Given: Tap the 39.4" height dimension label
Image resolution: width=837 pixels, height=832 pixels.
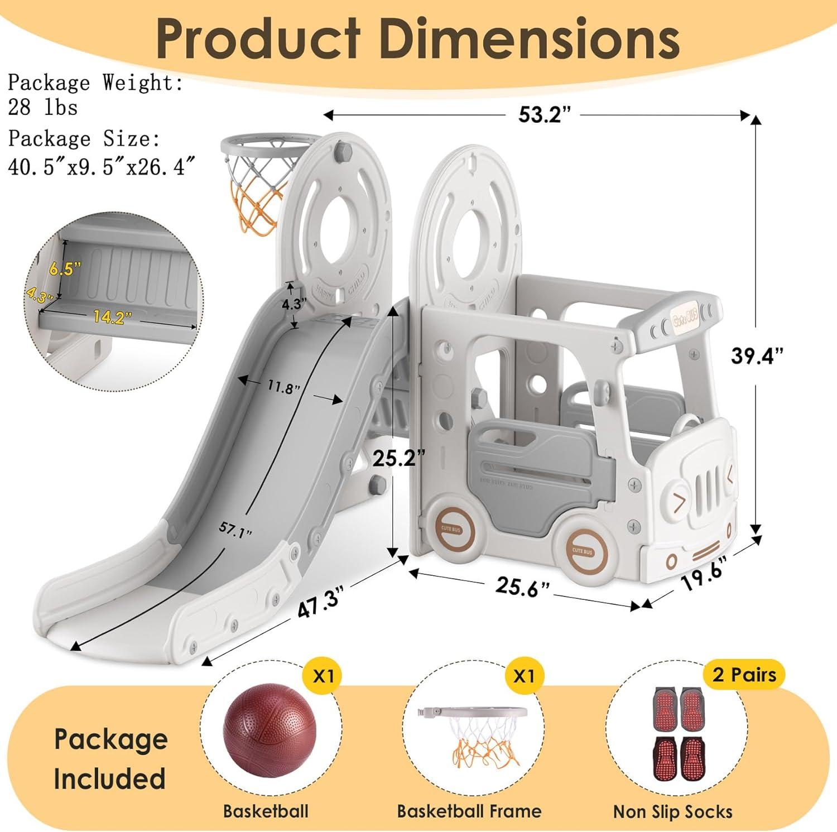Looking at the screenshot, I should (757, 355).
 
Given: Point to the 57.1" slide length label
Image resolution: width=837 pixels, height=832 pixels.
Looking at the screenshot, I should (234, 530).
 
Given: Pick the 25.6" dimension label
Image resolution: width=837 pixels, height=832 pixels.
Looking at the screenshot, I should (523, 586).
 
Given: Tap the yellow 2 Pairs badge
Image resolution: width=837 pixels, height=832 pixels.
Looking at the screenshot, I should (744, 675).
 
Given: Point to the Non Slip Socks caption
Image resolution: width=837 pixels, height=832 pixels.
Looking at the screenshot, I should (672, 811).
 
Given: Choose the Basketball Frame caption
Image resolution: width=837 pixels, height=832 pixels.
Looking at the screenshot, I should (469, 811).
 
